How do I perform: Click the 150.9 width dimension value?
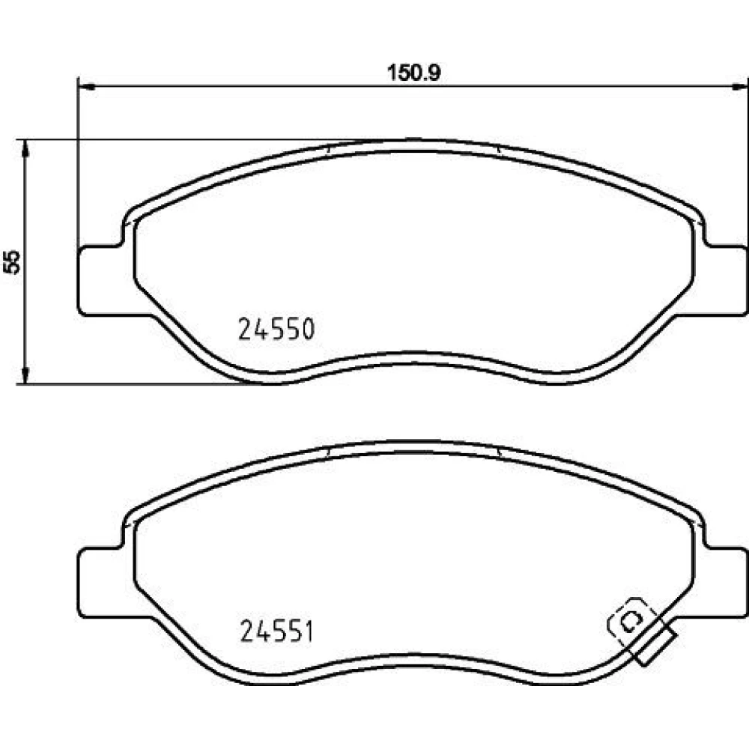pyautogui.click(x=413, y=73)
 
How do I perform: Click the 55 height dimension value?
pyautogui.click(x=12, y=261)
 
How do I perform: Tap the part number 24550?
pyautogui.click(x=276, y=329)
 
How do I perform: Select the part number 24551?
pyautogui.click(x=276, y=631)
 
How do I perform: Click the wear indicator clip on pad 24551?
pyautogui.click(x=641, y=630)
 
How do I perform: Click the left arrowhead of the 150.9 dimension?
pyautogui.click(x=86, y=86)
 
